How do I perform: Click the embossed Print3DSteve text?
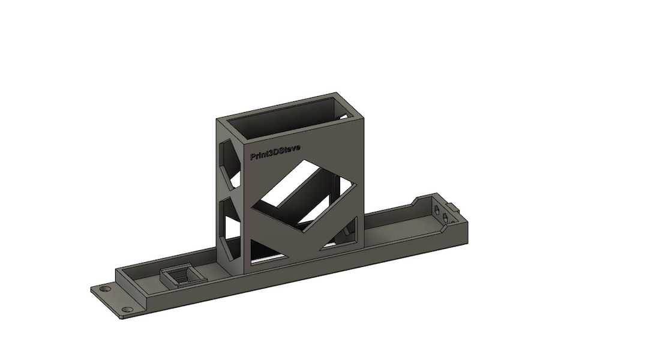pos(275,152)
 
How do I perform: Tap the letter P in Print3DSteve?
pos(253,157)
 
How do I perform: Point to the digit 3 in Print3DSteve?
pos(272,153)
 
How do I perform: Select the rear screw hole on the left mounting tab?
pos(106,289)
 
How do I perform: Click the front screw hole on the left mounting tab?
pos(127,310)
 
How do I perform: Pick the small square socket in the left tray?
pos(178,277)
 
